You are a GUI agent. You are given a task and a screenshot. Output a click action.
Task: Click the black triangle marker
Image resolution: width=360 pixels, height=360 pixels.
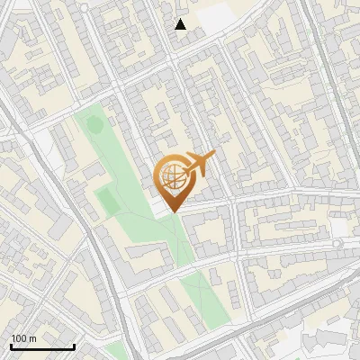click(181, 24)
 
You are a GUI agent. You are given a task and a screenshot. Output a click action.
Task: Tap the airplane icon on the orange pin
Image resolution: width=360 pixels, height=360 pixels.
click(200, 165)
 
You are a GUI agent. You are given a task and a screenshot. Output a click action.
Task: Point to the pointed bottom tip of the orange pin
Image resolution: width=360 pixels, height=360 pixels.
click(172, 212)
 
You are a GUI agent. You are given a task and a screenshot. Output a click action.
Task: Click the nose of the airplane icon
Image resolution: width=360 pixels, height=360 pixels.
click(214, 157)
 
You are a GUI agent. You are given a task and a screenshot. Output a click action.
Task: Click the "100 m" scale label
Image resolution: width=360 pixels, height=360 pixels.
click(23, 338)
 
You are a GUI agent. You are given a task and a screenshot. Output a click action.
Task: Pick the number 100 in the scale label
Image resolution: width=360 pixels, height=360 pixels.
click(19, 338)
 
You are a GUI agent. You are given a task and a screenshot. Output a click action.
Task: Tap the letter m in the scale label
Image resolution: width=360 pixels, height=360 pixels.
click(32, 338)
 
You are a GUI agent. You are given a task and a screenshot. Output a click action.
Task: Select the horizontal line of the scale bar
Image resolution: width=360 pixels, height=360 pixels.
click(42, 346)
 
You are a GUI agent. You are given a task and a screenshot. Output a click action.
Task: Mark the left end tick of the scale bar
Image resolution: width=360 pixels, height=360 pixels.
click(11, 345)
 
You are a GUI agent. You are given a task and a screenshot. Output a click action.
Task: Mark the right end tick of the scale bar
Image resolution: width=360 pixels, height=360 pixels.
click(74, 345)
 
